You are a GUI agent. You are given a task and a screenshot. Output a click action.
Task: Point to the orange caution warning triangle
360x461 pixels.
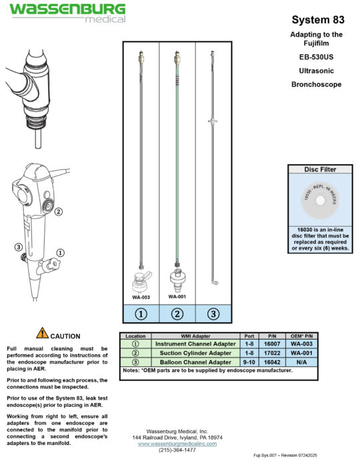tap(43, 333)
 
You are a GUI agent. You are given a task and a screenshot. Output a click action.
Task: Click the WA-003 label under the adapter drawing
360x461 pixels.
tap(140, 298)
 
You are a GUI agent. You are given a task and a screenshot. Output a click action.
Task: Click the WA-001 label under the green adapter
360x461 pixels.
tap(177, 296)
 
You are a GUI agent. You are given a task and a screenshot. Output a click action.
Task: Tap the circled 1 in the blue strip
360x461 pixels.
tap(141, 314)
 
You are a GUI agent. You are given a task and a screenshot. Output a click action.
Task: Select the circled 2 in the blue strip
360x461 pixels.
tap(177, 314)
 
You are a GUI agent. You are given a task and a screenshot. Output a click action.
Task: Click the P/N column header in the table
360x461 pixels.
tap(272, 336)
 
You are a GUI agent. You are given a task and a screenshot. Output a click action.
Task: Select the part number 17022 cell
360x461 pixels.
tap(272, 353)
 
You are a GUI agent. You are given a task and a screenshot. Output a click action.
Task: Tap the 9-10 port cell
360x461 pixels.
tap(249, 362)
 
